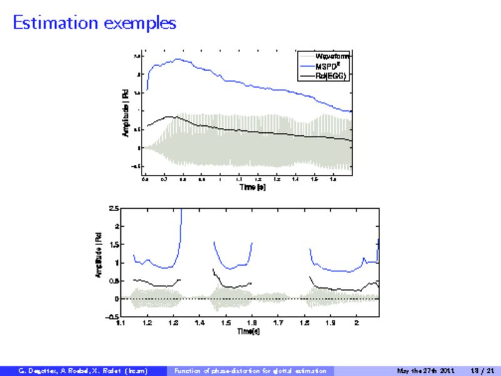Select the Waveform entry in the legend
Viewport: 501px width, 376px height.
[x=332, y=56]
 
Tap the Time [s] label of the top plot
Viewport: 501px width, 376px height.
[x=247, y=187]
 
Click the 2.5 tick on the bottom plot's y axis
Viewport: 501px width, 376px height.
[x=113, y=208]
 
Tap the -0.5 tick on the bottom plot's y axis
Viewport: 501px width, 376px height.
[x=112, y=317]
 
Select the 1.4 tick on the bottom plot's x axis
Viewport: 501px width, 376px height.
[x=200, y=323]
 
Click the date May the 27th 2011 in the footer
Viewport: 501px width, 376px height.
[x=426, y=371]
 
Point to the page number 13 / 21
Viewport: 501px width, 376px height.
[x=487, y=371]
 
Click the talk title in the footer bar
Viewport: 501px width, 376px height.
[x=250, y=371]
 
